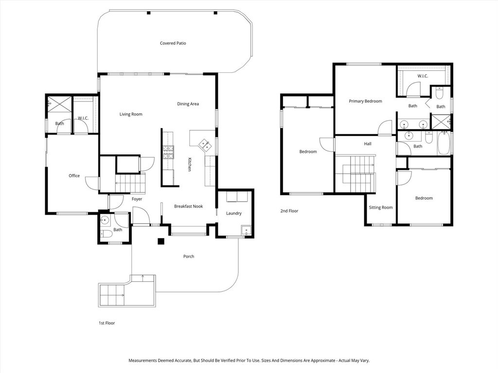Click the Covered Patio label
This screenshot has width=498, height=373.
tap(173, 43)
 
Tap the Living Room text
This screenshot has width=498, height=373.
tap(131, 114)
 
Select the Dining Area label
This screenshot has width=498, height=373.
tap(188, 104)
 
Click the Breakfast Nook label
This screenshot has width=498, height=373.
tap(188, 206)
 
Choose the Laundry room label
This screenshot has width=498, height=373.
tap(234, 213)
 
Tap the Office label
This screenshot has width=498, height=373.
tap(74, 176)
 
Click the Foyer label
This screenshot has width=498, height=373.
tap(137, 199)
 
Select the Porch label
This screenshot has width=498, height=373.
tap(189, 256)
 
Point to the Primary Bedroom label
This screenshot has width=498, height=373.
tap(365, 101)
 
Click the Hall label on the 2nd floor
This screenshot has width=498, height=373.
tap(368, 144)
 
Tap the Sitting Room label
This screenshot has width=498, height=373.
tap(380, 207)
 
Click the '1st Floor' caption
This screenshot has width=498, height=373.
tap(107, 323)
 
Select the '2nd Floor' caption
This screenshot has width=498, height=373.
tap(289, 211)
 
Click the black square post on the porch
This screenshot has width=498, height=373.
tap(161, 241)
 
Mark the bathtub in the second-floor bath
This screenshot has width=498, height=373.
tap(444, 143)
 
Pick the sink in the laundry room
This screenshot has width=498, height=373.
tap(247, 231)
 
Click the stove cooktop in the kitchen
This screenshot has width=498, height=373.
tap(168, 153)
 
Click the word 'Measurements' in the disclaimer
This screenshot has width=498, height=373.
tap(142, 360)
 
